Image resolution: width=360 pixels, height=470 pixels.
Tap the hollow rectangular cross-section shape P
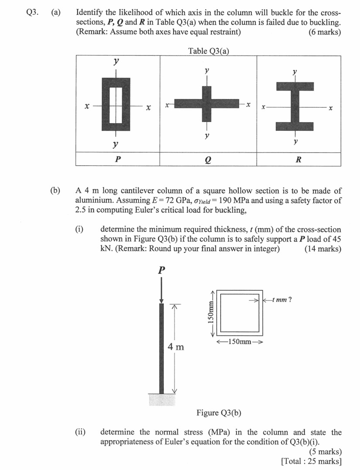pyautogui.click(x=116, y=104)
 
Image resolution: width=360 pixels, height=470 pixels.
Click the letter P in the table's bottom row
pyautogui.click(x=116, y=159)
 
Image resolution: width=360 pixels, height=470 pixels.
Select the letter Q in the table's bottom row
pyautogui.click(x=207, y=160)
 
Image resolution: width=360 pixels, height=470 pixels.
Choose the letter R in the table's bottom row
pyautogui.click(x=298, y=160)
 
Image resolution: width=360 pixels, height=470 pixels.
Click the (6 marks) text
pyautogui.click(x=325, y=32)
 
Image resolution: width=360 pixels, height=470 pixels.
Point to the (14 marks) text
pyautogui.click(x=323, y=249)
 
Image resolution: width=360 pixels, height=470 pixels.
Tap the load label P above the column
pyautogui.click(x=162, y=270)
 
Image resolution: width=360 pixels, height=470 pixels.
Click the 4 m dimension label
pyautogui.click(x=176, y=347)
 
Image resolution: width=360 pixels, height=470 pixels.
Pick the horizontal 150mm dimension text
pyautogui.click(x=240, y=341)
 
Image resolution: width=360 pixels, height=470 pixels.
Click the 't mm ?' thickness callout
pyautogui.click(x=281, y=300)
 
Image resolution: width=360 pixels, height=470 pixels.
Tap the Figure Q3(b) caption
pyautogui.click(x=219, y=412)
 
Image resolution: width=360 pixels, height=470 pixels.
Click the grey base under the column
pyautogui.click(x=161, y=400)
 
